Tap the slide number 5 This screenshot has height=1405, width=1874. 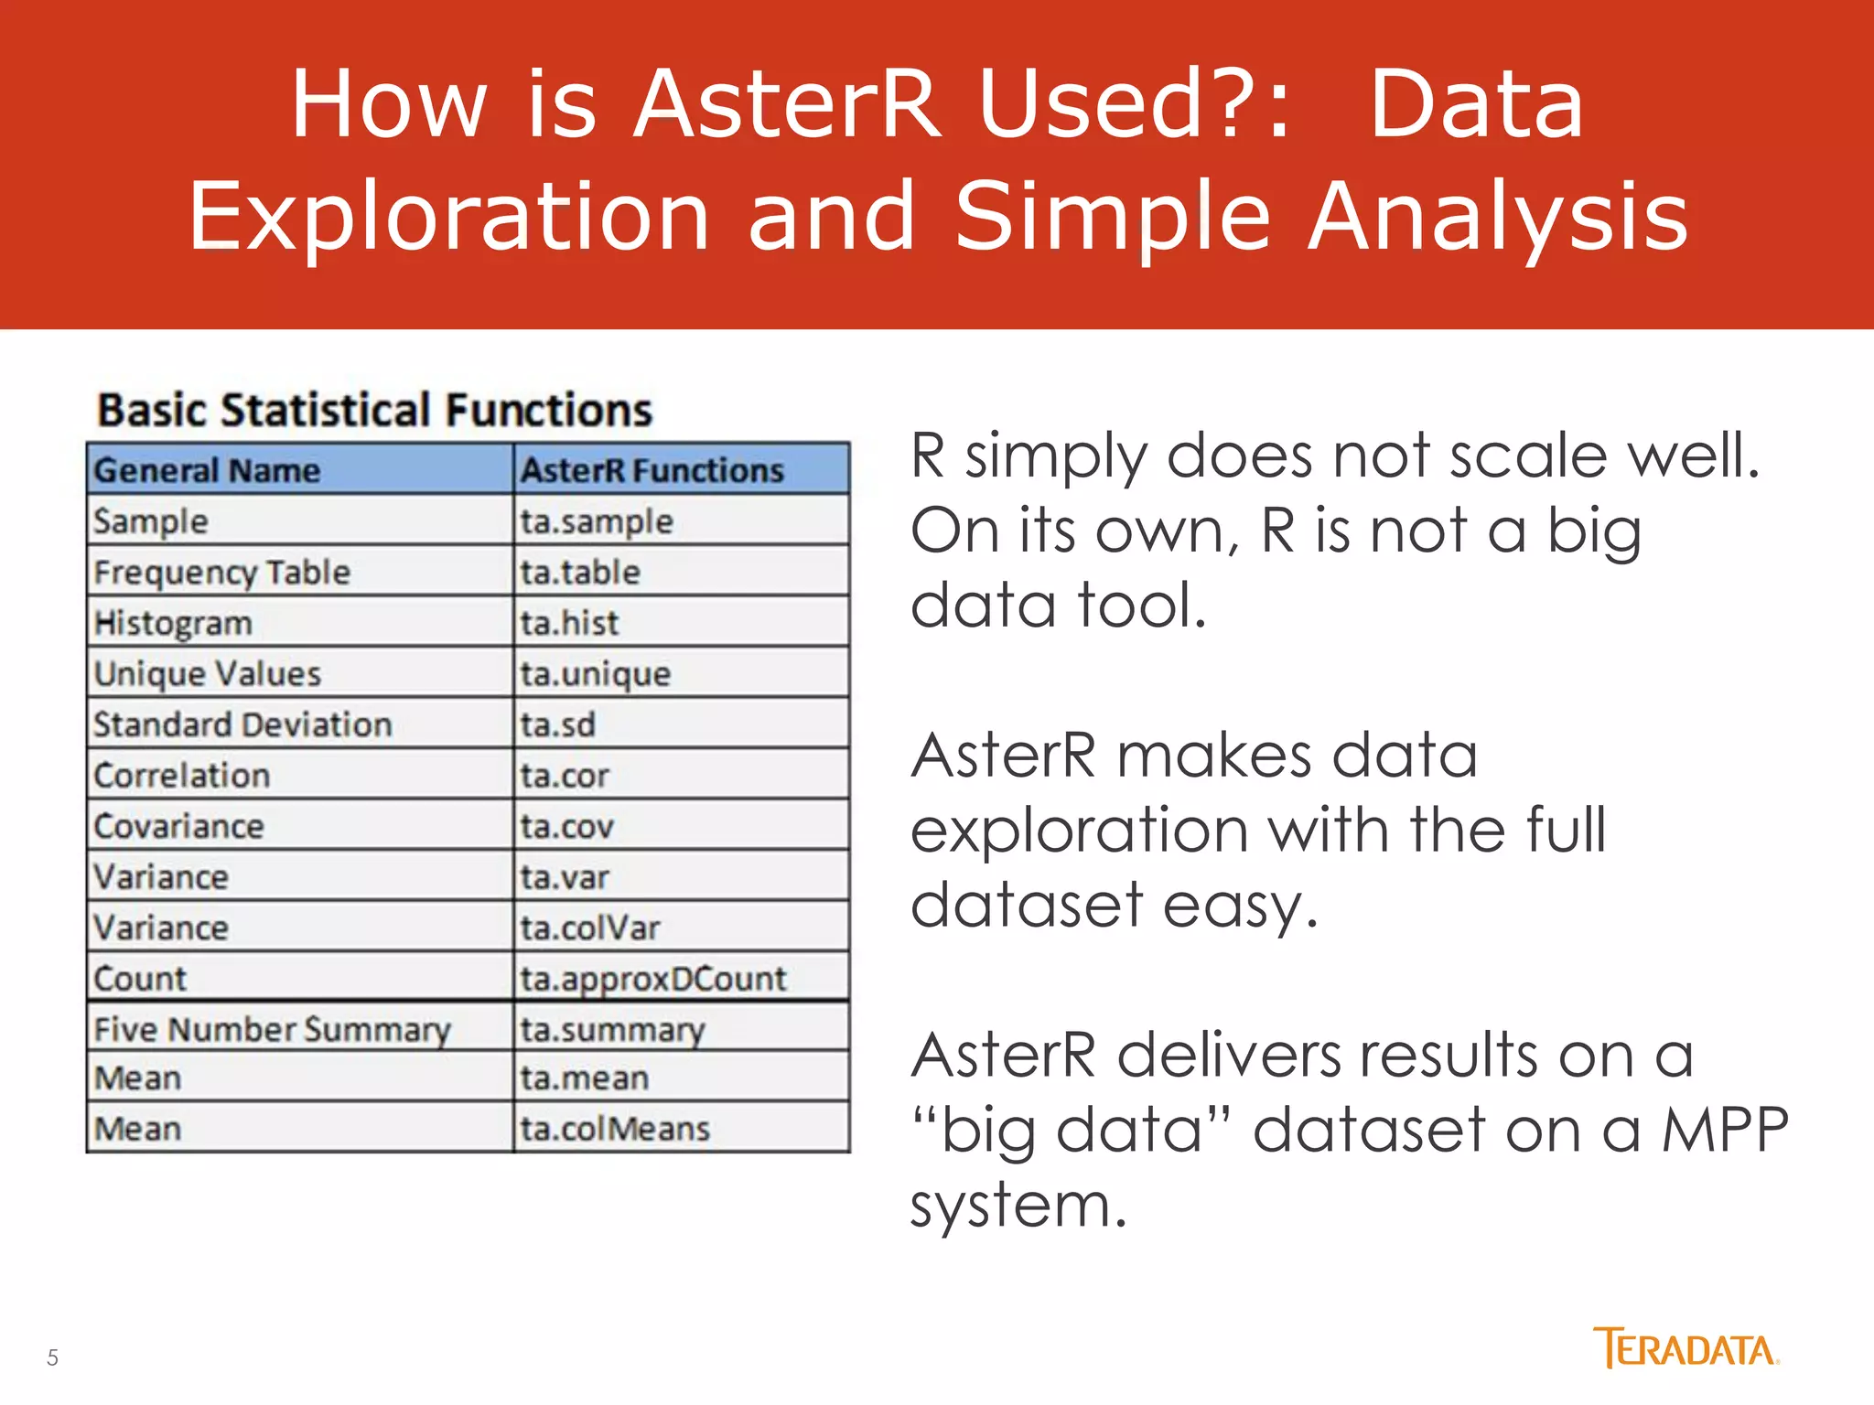(52, 1357)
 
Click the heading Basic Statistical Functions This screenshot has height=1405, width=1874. (375, 410)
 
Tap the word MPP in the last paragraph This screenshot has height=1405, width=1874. (1724, 1131)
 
